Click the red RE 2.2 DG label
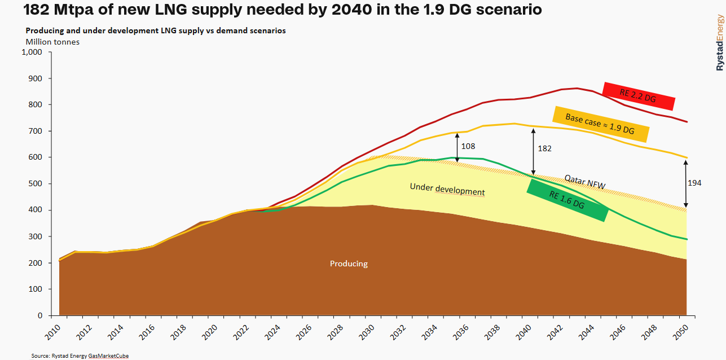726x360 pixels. click(639, 96)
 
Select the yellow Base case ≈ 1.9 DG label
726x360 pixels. click(600, 124)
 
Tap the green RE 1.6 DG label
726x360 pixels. click(567, 200)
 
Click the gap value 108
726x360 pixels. click(468, 146)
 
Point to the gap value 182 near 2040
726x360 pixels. click(544, 148)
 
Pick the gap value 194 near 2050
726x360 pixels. click(694, 183)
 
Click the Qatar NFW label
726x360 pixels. click(585, 182)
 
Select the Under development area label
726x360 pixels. click(447, 190)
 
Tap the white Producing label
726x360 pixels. click(349, 264)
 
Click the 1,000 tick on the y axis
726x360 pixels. click(32, 52)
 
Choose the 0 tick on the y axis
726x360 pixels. click(39, 316)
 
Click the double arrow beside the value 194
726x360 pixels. click(686, 184)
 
